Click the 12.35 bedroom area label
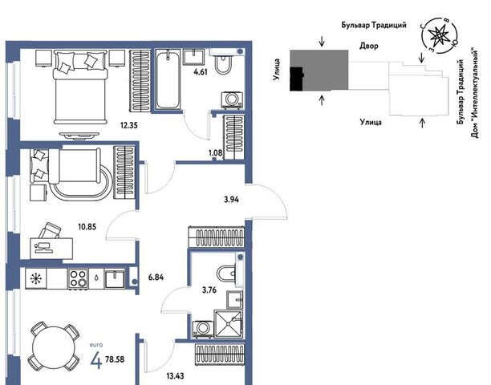[x=129, y=125]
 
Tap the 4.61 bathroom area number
[x=201, y=71]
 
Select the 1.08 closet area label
[x=216, y=153]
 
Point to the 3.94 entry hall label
[x=231, y=200]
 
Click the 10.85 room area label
[x=87, y=227]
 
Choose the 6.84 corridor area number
[x=156, y=277]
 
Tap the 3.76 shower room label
[x=209, y=290]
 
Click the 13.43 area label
[x=176, y=375]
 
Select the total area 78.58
[x=115, y=359]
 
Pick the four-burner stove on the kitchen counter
[x=78, y=278]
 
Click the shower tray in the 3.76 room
[x=228, y=323]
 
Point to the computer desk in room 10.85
[x=51, y=248]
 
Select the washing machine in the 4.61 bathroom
[x=232, y=99]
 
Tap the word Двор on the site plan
[x=368, y=46]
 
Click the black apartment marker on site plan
[x=297, y=79]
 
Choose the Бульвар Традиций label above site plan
[x=374, y=25]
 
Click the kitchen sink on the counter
[x=114, y=278]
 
